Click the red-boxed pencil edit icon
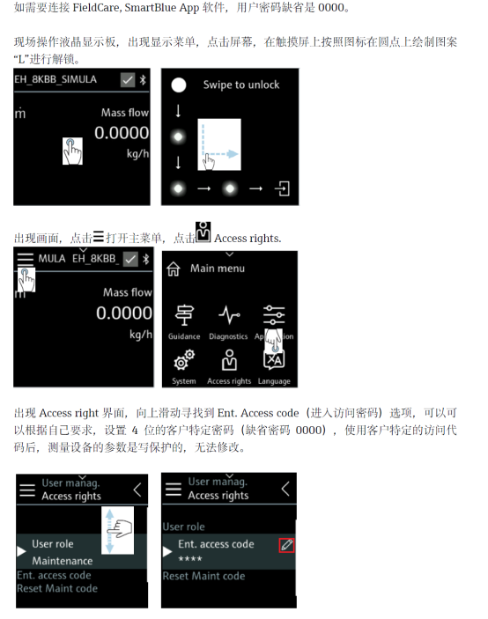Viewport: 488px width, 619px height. pyautogui.click(x=286, y=545)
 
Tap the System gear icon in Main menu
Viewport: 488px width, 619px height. pyautogui.click(x=184, y=359)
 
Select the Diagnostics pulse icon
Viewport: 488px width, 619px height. pyautogui.click(x=229, y=315)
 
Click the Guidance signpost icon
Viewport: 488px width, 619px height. pyautogui.click(x=184, y=315)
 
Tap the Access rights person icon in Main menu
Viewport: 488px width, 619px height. pyautogui.click(x=229, y=359)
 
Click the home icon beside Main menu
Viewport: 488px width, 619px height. pyautogui.click(x=174, y=269)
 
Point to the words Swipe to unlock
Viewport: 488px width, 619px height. pyautogui.click(x=241, y=85)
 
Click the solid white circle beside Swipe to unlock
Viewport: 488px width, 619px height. pyautogui.click(x=179, y=85)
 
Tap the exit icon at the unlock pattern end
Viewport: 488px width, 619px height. pyautogui.click(x=283, y=188)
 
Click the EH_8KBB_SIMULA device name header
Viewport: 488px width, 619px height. pyautogui.click(x=55, y=79)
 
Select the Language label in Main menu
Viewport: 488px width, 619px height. pyautogui.click(x=274, y=381)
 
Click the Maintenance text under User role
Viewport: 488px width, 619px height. pyautogui.click(x=63, y=561)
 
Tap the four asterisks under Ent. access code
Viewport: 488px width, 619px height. pyautogui.click(x=190, y=558)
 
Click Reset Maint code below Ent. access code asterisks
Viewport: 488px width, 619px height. pyautogui.click(x=203, y=576)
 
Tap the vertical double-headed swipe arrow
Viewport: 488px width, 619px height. pyautogui.click(x=110, y=531)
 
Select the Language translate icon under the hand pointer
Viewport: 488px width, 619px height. pyautogui.click(x=274, y=359)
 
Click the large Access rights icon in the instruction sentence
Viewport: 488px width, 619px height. pyautogui.click(x=203, y=232)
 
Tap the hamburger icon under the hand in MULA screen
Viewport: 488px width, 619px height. pyautogui.click(x=26, y=260)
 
